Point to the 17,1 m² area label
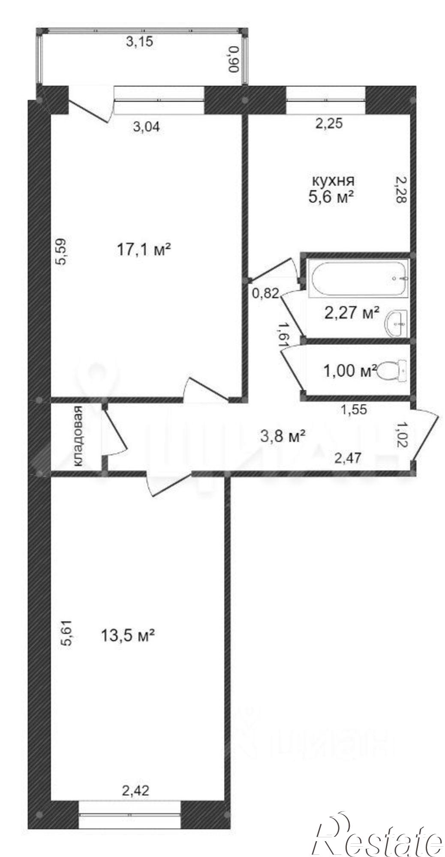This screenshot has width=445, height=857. pyautogui.click(x=144, y=249)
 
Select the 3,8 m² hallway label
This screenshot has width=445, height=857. pyautogui.click(x=283, y=436)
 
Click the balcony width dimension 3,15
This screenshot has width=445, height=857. pyautogui.click(x=139, y=42)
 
